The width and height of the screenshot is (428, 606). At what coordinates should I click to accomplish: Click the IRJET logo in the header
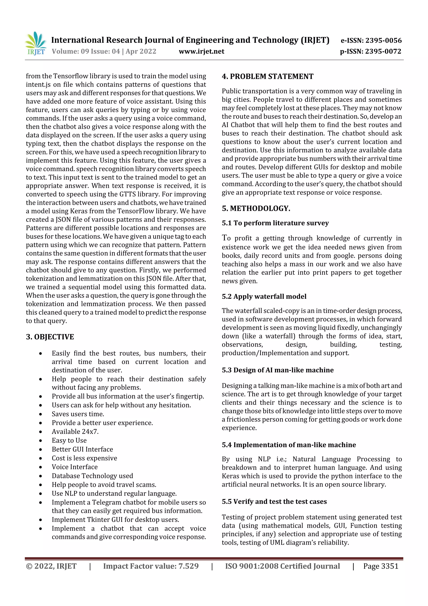pyautogui.click(x=36, y=43)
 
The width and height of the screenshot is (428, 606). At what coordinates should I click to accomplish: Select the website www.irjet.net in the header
pyautogui.click(x=201, y=51)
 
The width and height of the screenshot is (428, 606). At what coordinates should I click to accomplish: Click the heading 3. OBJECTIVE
pyautogui.click(x=50, y=337)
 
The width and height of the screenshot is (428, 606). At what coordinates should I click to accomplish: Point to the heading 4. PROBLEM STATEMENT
pyautogui.click(x=267, y=77)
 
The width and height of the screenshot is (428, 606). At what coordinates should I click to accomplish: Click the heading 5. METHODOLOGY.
pyautogui.click(x=256, y=209)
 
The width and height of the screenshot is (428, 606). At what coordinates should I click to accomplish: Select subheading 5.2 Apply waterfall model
pyautogui.click(x=264, y=296)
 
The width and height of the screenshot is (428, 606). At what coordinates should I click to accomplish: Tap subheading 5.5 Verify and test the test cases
pyautogui.click(x=274, y=501)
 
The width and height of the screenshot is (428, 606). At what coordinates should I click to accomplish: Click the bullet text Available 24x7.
pyautogui.click(x=75, y=432)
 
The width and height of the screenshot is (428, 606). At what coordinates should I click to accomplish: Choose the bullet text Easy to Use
pyautogui.click(x=69, y=440)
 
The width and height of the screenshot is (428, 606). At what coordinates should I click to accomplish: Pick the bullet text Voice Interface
pyautogui.click(x=75, y=467)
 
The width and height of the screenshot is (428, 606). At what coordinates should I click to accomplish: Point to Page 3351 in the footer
pyautogui.click(x=381, y=566)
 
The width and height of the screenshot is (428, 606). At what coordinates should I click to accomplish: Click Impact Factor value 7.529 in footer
pyautogui.click(x=151, y=566)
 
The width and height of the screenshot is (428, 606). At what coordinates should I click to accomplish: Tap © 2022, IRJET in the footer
pyautogui.click(x=51, y=566)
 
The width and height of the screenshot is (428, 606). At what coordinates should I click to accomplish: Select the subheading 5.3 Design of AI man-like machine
pyautogui.click(x=277, y=370)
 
